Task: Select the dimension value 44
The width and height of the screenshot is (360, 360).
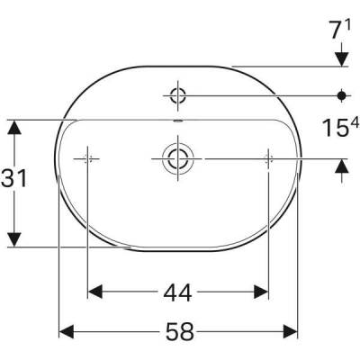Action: coord(178,292)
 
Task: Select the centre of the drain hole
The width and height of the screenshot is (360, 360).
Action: coord(175,158)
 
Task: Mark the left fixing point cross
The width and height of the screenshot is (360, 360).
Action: coord(87,158)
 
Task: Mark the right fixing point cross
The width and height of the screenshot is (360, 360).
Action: coord(268,158)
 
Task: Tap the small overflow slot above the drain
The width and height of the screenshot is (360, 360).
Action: coord(176,121)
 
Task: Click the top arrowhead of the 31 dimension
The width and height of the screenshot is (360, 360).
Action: coord(13,129)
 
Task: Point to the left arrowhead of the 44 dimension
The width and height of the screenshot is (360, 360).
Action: coord(95,292)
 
